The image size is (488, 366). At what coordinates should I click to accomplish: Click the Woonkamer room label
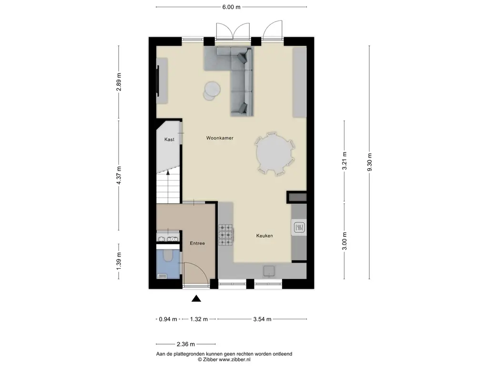220,138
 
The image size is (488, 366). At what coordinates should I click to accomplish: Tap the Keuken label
264,235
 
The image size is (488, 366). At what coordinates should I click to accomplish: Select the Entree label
197,243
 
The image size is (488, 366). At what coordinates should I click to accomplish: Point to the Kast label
169,140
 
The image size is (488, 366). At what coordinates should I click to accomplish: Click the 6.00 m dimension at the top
231,7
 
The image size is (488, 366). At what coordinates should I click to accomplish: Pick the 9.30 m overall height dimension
369,162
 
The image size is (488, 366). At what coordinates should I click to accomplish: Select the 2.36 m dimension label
186,344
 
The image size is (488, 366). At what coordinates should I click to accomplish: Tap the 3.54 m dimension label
262,319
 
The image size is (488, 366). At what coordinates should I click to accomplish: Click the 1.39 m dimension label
119,261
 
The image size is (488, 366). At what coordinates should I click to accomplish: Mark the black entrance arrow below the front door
196,299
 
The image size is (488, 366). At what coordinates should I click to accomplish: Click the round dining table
275,153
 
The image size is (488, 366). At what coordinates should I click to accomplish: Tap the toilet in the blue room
168,256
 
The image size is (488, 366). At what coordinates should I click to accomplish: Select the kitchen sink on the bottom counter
268,271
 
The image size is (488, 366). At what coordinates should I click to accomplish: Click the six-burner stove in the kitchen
226,235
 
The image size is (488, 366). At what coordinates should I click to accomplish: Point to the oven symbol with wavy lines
299,227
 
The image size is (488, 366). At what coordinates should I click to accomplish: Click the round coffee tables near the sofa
211,91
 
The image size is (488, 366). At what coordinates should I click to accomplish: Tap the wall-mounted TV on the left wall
158,81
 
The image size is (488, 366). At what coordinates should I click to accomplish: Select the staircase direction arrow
168,187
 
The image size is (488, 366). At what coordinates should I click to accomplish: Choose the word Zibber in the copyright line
211,359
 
